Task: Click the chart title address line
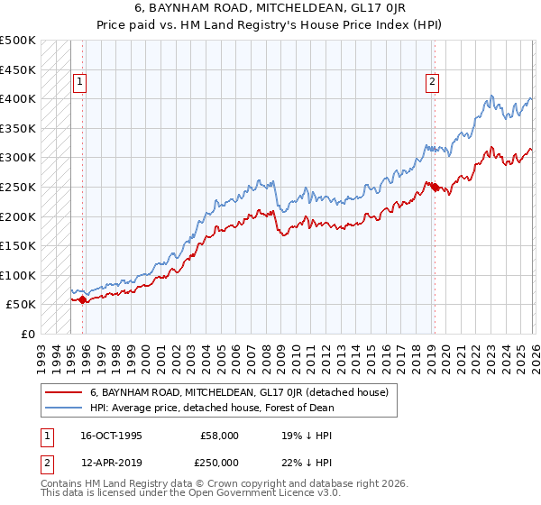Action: point(270,9)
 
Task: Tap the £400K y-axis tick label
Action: point(18,98)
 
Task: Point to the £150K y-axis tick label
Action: point(18,245)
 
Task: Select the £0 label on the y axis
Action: point(27,334)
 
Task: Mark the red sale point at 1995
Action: point(83,299)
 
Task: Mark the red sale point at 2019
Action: point(434,187)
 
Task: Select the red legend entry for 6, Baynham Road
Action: point(239,392)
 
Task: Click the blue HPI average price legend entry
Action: point(212,408)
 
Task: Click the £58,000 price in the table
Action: point(219,435)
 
